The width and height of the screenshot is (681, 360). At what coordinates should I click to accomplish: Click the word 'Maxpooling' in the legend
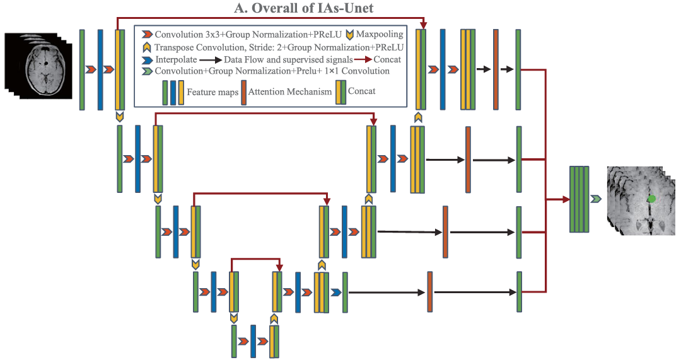[381, 33]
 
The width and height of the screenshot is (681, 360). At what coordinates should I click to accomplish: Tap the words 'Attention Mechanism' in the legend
[290, 91]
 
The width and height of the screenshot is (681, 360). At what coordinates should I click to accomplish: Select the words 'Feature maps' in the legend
[212, 92]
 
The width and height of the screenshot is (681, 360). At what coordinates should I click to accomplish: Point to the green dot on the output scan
[652, 199]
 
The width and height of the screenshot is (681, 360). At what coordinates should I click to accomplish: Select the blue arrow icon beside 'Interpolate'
[147, 59]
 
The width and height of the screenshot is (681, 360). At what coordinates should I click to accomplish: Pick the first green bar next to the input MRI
[82, 69]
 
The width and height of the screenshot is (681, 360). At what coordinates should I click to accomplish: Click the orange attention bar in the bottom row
[430, 291]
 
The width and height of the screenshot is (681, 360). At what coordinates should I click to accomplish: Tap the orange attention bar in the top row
[496, 69]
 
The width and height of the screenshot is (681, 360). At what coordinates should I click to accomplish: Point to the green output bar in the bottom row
[520, 291]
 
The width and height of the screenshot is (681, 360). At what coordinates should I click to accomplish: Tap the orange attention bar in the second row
[468, 160]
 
